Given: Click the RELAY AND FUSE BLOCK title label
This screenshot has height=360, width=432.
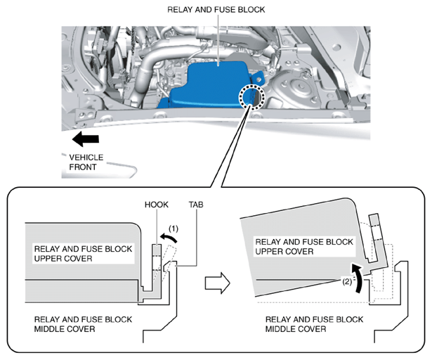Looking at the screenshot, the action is tap(216, 10).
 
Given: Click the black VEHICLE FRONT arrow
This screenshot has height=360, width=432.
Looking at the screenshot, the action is tap(86, 139).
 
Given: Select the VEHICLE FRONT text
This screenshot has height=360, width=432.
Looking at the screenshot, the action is tap(86, 162).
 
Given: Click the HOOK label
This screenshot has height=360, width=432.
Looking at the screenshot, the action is tap(157, 205).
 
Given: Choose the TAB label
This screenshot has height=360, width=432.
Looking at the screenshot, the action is tap(196, 205).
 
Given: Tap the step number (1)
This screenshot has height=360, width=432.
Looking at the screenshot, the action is tap(174, 229).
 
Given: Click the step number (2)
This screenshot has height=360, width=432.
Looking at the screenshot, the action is tap(347, 282).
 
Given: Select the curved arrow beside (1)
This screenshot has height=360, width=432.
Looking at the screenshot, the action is tap(169, 237).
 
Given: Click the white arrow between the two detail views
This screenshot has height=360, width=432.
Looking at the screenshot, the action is tap(217, 283).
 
